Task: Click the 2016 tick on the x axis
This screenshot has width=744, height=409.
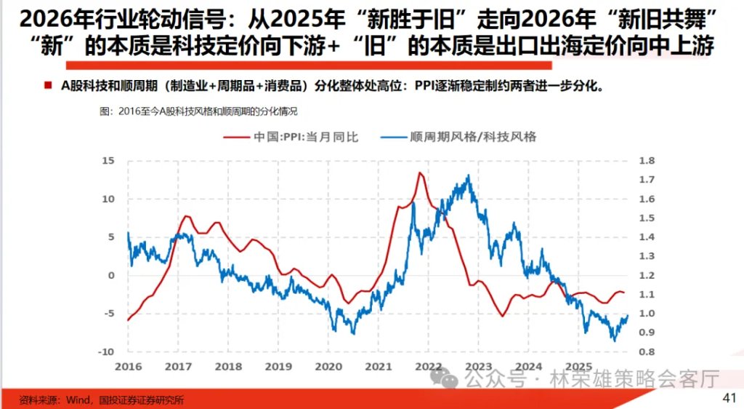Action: (128, 366)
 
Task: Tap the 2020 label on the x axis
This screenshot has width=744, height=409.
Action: (328, 366)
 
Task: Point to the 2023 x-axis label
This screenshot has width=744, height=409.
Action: (478, 366)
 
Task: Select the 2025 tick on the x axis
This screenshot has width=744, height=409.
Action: (578, 366)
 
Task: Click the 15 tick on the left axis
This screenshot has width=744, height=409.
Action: (108, 160)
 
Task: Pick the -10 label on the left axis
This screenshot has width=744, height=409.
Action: (106, 352)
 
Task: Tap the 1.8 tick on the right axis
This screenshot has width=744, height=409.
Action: (647, 161)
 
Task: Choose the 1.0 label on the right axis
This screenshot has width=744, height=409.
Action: (647, 314)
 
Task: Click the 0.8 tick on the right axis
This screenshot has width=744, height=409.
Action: (647, 352)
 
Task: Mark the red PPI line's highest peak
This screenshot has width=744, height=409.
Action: (420, 172)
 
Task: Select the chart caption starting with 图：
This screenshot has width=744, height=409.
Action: (198, 111)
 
